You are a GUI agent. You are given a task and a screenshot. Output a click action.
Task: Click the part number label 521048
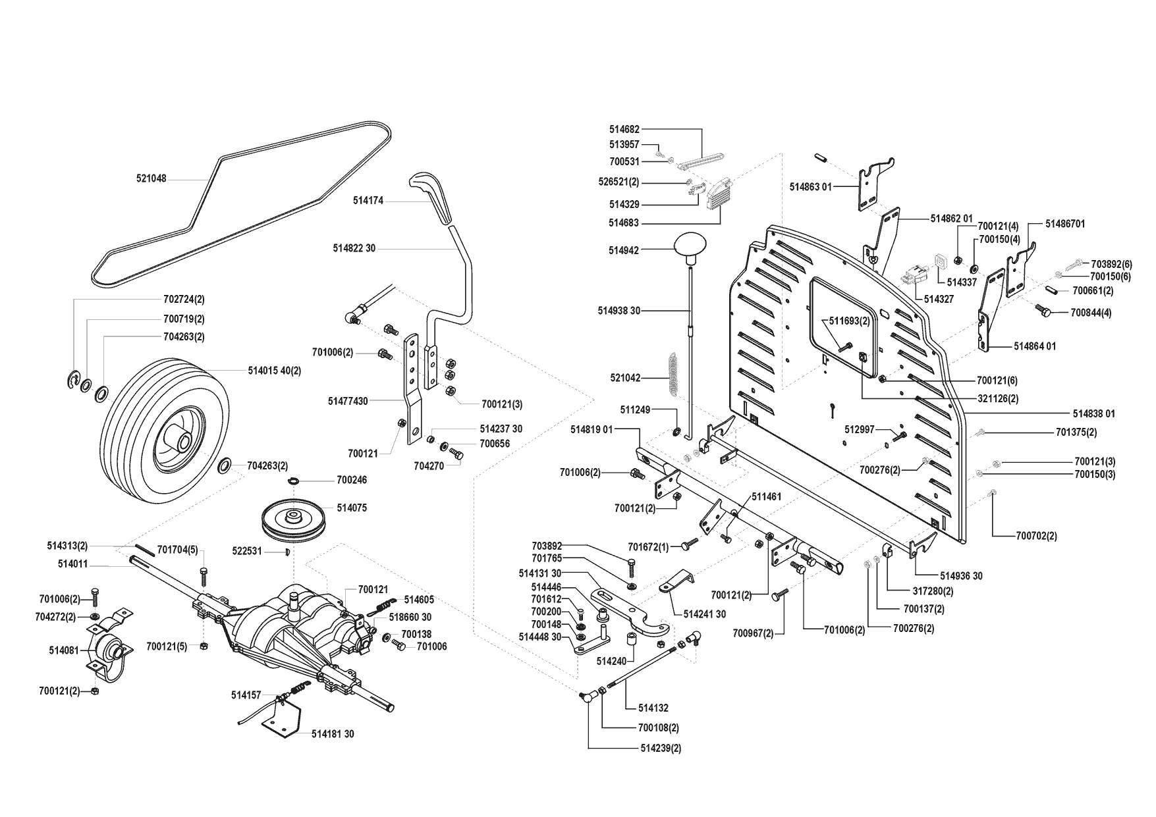tap(151, 178)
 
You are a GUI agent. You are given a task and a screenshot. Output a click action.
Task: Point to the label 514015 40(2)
tap(274, 371)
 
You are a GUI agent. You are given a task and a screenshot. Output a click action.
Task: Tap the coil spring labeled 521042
tap(672, 376)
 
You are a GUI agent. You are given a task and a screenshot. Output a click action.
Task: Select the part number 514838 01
tap(1093, 413)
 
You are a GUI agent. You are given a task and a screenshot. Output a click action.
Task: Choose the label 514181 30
tap(333, 734)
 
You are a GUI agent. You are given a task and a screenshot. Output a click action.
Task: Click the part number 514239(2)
tap(661, 748)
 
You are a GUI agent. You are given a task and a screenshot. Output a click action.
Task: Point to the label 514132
tap(653, 708)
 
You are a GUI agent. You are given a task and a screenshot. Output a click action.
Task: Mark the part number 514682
tap(624, 130)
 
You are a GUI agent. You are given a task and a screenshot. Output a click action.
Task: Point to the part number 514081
tap(63, 650)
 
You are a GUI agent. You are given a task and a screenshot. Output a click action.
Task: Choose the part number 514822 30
tap(354, 248)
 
